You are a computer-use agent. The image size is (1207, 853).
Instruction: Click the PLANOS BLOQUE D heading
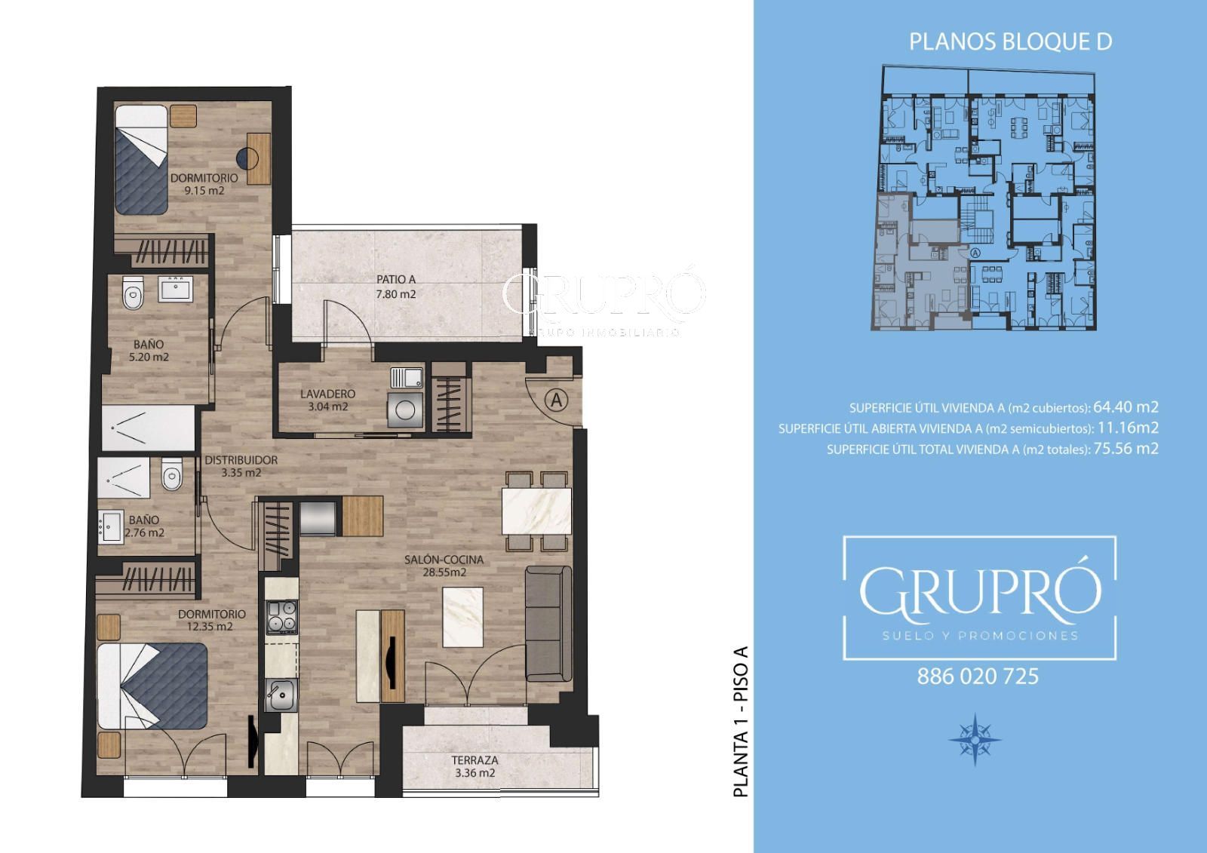(x=1010, y=42)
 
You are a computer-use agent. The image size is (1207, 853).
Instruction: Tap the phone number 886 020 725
(x=978, y=677)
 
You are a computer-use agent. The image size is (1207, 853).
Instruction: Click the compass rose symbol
(x=975, y=739)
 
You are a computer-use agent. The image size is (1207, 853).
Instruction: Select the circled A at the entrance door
(x=556, y=400)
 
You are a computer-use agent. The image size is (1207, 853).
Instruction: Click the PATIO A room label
(x=396, y=287)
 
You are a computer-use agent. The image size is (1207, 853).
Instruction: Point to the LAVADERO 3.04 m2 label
(x=327, y=400)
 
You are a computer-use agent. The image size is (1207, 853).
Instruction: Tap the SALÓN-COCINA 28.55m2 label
(x=444, y=566)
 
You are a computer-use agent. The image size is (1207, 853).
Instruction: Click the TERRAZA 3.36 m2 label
(x=475, y=767)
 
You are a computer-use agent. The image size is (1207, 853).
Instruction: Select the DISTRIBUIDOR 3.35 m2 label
(x=241, y=466)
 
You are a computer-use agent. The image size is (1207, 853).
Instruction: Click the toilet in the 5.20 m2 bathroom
(x=133, y=293)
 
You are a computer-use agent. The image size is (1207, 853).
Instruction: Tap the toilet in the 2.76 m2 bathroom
(x=172, y=474)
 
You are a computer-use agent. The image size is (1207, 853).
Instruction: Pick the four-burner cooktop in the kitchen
(x=282, y=617)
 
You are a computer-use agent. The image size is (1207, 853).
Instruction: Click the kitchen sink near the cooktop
(x=281, y=695)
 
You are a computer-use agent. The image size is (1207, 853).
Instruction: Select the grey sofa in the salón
(x=548, y=624)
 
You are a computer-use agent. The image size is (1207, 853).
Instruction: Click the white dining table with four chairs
(x=536, y=511)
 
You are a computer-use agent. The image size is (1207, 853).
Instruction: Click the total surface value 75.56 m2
(x=1126, y=448)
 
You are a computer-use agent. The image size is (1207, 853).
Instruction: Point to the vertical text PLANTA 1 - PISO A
(x=742, y=722)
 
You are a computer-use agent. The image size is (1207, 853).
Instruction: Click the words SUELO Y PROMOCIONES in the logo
(x=980, y=636)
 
